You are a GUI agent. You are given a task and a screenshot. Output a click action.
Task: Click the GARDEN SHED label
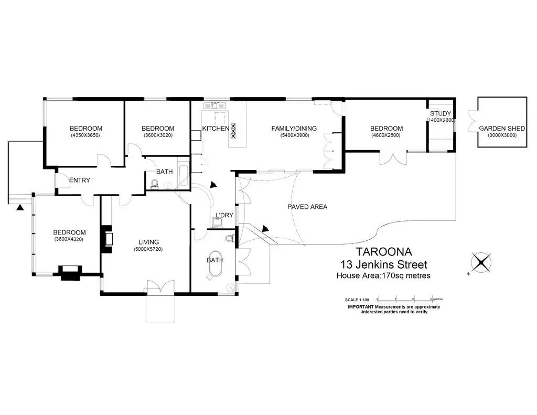point(502,128)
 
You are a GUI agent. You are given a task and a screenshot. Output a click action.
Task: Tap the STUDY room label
point(441,114)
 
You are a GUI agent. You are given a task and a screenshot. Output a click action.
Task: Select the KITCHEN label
point(216,129)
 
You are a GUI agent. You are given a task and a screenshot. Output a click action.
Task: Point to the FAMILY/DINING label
point(290,129)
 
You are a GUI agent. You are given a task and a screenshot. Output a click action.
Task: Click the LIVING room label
point(148,242)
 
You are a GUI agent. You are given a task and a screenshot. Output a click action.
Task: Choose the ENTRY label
point(80,180)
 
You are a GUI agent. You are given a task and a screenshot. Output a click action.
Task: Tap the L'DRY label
point(224,215)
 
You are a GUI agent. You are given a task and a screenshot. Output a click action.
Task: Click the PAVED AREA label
point(307,207)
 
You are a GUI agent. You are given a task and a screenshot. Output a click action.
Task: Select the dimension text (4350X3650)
point(86,136)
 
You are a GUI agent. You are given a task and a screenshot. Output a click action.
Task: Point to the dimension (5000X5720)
point(148,249)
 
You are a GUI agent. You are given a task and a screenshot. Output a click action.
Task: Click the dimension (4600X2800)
point(386,136)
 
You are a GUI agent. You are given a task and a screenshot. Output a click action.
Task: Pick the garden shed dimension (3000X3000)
point(502,135)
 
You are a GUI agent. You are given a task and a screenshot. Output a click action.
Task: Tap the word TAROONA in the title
point(381,252)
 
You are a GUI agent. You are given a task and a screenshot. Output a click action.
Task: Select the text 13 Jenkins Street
point(384,264)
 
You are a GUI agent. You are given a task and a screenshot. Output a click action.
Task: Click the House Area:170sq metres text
point(383,275)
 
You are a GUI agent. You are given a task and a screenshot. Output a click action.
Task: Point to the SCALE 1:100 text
point(358,300)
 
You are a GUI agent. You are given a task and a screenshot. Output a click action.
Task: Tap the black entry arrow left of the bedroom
point(20,208)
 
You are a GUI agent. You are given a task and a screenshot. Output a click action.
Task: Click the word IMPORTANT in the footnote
point(361,307)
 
